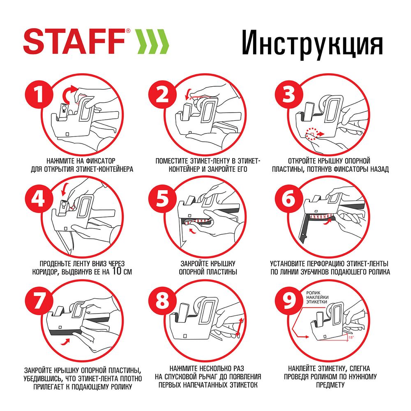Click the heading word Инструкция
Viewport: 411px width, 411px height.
(312, 43)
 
